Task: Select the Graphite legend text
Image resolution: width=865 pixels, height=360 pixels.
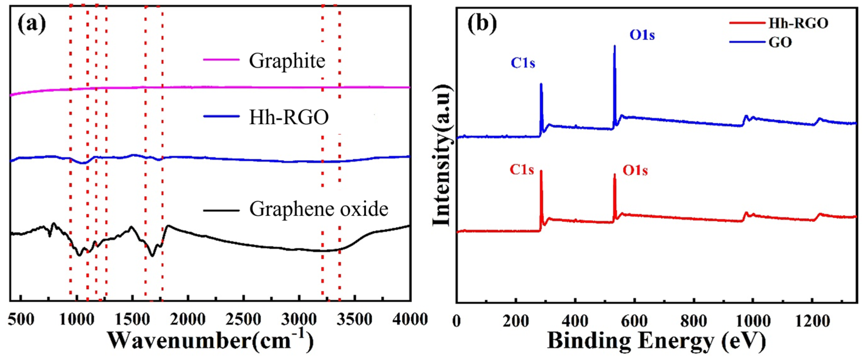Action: pos(287,61)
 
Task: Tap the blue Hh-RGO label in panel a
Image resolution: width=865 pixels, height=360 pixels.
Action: pos(289,118)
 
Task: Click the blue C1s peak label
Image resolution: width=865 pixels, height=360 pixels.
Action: pos(523,63)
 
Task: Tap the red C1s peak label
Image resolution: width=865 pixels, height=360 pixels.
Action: pos(522,170)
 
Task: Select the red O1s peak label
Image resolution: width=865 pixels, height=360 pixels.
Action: pos(635,171)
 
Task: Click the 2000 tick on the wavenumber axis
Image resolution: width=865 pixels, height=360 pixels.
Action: pos(188,319)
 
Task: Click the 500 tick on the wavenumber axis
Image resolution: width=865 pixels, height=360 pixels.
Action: pos(21,319)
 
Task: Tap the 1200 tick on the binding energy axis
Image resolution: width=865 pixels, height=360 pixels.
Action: pos(812,321)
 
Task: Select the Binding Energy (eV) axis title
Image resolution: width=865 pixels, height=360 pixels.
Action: pos(657,341)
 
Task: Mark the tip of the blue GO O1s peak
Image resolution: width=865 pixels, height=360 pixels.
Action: pos(614,46)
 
